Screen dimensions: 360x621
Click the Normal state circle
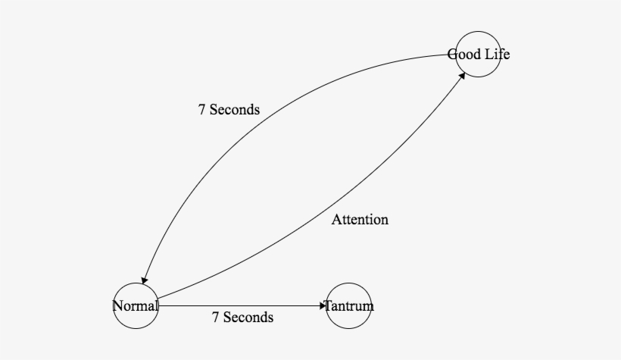tap(136, 306)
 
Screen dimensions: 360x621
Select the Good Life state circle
tap(478, 54)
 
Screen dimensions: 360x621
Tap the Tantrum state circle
tap(349, 306)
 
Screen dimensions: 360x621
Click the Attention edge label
tap(360, 220)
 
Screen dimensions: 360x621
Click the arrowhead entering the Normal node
tap(143, 280)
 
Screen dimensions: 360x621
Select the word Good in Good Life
tap(463, 55)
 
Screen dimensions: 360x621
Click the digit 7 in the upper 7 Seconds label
tap(202, 110)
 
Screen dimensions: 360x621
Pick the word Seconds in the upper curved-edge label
tap(235, 110)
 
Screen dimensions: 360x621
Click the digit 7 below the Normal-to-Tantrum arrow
tap(216, 318)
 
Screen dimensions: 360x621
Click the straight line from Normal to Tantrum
tap(242, 306)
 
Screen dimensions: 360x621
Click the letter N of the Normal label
tap(117, 306)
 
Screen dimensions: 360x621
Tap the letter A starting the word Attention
tap(336, 220)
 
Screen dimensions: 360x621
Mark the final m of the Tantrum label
tap(369, 307)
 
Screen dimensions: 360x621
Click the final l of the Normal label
tap(156, 306)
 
